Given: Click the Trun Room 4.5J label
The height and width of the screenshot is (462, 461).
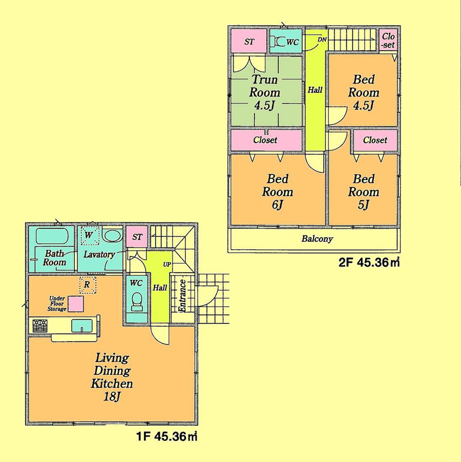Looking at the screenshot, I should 264,93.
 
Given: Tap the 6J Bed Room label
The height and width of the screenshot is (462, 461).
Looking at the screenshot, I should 278,192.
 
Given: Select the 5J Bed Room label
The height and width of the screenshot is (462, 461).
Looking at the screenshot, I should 364,192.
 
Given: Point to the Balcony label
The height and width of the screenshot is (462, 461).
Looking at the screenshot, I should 317,238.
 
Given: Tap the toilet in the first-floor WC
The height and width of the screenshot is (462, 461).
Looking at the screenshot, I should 137,302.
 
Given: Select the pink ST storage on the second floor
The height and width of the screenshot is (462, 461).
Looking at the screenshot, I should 249,42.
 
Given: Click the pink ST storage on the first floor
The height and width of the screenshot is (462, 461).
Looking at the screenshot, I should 137,237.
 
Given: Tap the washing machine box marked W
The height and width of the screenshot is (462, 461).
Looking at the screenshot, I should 90,236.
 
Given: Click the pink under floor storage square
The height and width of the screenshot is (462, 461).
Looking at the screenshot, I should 77,304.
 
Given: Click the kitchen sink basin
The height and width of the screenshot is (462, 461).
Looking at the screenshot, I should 81,326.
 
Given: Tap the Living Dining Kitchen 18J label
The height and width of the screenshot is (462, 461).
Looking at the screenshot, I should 112,376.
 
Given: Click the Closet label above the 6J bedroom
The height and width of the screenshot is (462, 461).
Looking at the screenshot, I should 265,139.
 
